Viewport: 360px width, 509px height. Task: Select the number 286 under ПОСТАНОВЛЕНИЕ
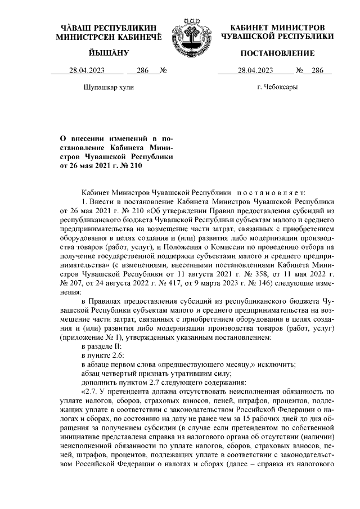pyautogui.click(x=318, y=70)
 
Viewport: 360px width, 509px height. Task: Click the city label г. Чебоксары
pyautogui.click(x=277, y=88)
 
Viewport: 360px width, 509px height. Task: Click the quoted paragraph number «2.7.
pyautogui.click(x=91, y=390)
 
